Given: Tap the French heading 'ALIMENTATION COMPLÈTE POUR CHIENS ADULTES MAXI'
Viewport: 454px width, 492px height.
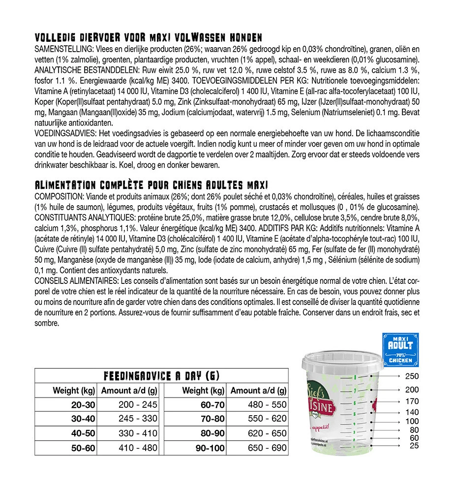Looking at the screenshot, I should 151,185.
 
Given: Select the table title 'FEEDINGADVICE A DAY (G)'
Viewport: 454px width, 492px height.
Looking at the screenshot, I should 161,376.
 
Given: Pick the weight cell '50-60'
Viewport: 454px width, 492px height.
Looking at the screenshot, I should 83,448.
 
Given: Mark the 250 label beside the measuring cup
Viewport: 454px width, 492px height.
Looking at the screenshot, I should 411,376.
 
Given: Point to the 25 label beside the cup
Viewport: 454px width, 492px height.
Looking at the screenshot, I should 414,446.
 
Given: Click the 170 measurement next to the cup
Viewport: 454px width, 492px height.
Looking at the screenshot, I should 411,401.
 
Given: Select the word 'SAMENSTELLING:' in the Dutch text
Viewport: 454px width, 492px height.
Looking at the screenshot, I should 61,50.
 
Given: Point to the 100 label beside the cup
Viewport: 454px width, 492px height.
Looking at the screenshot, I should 412,422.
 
